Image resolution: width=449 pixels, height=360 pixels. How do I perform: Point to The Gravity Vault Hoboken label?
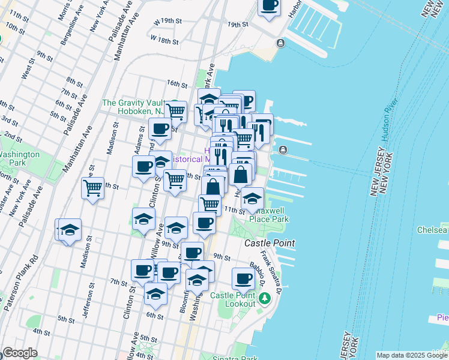click(x=133, y=107)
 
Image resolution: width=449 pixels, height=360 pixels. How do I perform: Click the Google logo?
click(x=20, y=353)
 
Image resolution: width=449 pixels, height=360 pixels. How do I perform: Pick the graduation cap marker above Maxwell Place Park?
click(x=253, y=199)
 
